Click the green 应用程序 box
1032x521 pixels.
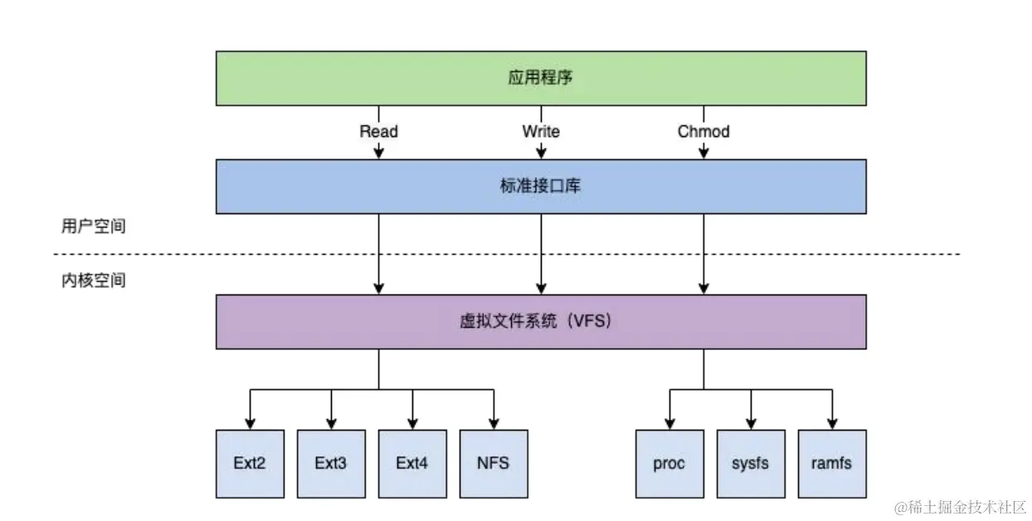pyautogui.click(x=541, y=78)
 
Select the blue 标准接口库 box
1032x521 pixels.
pyautogui.click(x=541, y=187)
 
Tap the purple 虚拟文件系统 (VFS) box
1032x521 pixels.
pyautogui.click(x=541, y=321)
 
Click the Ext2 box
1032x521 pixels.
pyautogui.click(x=250, y=463)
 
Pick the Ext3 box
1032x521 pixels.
pyautogui.click(x=331, y=463)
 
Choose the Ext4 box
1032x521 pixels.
pyautogui.click(x=412, y=463)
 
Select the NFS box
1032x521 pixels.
pyautogui.click(x=494, y=463)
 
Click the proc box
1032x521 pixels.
pyautogui.click(x=669, y=463)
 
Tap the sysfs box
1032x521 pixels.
pyautogui.click(x=750, y=463)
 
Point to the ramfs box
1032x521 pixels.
pyautogui.click(x=831, y=463)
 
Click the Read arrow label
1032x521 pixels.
pyautogui.click(x=378, y=131)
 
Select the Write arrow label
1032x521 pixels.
pyautogui.click(x=541, y=131)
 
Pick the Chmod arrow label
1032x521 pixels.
pyautogui.click(x=703, y=131)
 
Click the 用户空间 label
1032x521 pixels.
pyautogui.click(x=93, y=226)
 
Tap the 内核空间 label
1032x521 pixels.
pyautogui.click(x=93, y=280)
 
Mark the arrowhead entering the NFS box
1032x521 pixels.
pyautogui.click(x=494, y=423)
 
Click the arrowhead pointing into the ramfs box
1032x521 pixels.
pyautogui.click(x=831, y=423)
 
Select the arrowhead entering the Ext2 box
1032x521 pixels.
pyautogui.click(x=250, y=423)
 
